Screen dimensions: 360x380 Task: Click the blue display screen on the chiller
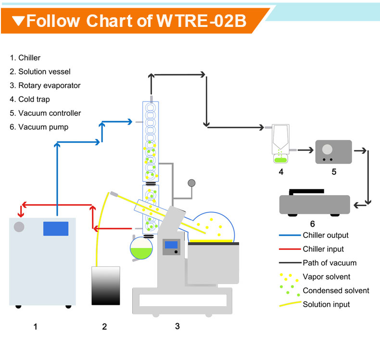pyautogui.click(x=55, y=228)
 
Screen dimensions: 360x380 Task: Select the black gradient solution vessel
pyautogui.click(x=105, y=286)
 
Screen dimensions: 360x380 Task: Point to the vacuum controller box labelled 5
pyautogui.click(x=333, y=151)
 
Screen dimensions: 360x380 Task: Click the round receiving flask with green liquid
pyautogui.click(x=141, y=249)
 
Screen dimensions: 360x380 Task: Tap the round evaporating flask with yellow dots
pyautogui.click(x=212, y=226)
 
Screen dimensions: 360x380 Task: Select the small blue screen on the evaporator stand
pyautogui.click(x=171, y=246)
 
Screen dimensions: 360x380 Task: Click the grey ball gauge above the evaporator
pyautogui.click(x=191, y=183)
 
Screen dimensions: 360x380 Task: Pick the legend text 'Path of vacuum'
pyautogui.click(x=329, y=263)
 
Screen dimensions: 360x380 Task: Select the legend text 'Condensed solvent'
pyautogui.click(x=336, y=290)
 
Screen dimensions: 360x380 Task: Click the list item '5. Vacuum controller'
pyautogui.click(x=45, y=113)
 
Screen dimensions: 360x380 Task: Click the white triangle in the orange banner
pyautogui.click(x=19, y=21)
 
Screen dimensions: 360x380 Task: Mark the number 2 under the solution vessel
pyautogui.click(x=104, y=327)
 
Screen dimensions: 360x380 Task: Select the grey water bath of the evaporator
pyautogui.click(x=213, y=262)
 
